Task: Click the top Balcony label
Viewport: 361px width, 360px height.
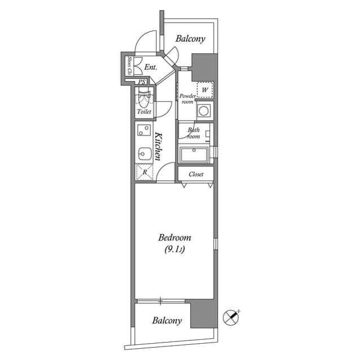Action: click(190, 39)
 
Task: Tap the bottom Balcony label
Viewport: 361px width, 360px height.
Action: click(167, 321)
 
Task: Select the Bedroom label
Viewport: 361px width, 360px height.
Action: click(174, 238)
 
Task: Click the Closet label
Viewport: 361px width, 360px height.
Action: click(196, 174)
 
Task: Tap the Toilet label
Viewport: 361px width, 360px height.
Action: click(144, 112)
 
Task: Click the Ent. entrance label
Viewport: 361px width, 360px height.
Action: click(150, 68)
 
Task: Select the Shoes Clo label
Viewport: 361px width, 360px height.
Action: click(129, 66)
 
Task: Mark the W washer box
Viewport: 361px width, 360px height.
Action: click(204, 89)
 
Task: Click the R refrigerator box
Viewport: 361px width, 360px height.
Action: click(144, 172)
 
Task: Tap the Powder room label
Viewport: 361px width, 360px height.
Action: click(187, 99)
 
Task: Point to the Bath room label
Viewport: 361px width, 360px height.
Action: click(193, 133)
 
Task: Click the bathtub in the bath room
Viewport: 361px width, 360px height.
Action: click(195, 155)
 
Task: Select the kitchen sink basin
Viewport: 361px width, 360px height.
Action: click(144, 152)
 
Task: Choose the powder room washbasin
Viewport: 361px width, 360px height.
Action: click(204, 110)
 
